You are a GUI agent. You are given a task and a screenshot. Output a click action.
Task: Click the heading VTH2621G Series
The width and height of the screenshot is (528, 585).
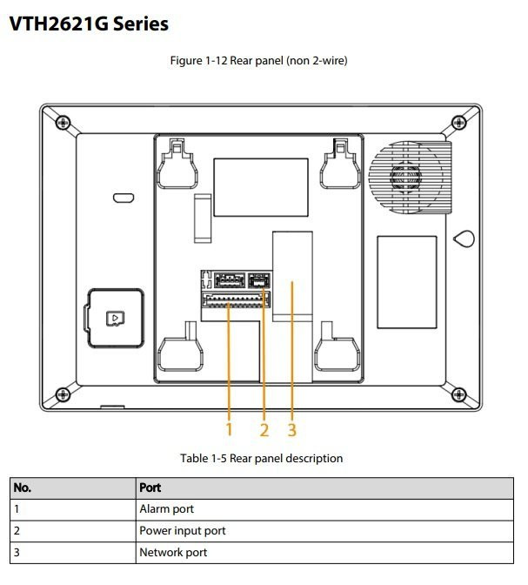(89, 24)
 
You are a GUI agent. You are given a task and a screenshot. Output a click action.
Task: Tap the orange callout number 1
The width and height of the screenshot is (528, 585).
(229, 430)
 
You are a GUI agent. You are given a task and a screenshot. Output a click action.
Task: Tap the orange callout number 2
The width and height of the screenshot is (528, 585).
(264, 430)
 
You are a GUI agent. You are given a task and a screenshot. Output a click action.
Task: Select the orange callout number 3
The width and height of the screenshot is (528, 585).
(292, 430)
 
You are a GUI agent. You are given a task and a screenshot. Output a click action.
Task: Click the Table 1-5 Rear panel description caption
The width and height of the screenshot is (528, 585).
(262, 458)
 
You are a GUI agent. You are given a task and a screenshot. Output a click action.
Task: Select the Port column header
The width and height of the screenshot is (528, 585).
(150, 487)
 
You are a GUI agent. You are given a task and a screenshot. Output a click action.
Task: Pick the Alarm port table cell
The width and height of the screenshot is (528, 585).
(166, 508)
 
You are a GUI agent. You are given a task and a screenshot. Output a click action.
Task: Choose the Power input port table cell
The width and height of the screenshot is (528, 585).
(182, 530)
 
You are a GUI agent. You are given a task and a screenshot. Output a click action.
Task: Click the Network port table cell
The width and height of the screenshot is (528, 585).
(173, 552)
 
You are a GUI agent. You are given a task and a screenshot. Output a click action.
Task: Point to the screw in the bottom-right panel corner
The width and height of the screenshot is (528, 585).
(461, 393)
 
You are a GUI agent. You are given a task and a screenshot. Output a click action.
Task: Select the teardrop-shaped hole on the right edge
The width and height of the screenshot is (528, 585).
(465, 238)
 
